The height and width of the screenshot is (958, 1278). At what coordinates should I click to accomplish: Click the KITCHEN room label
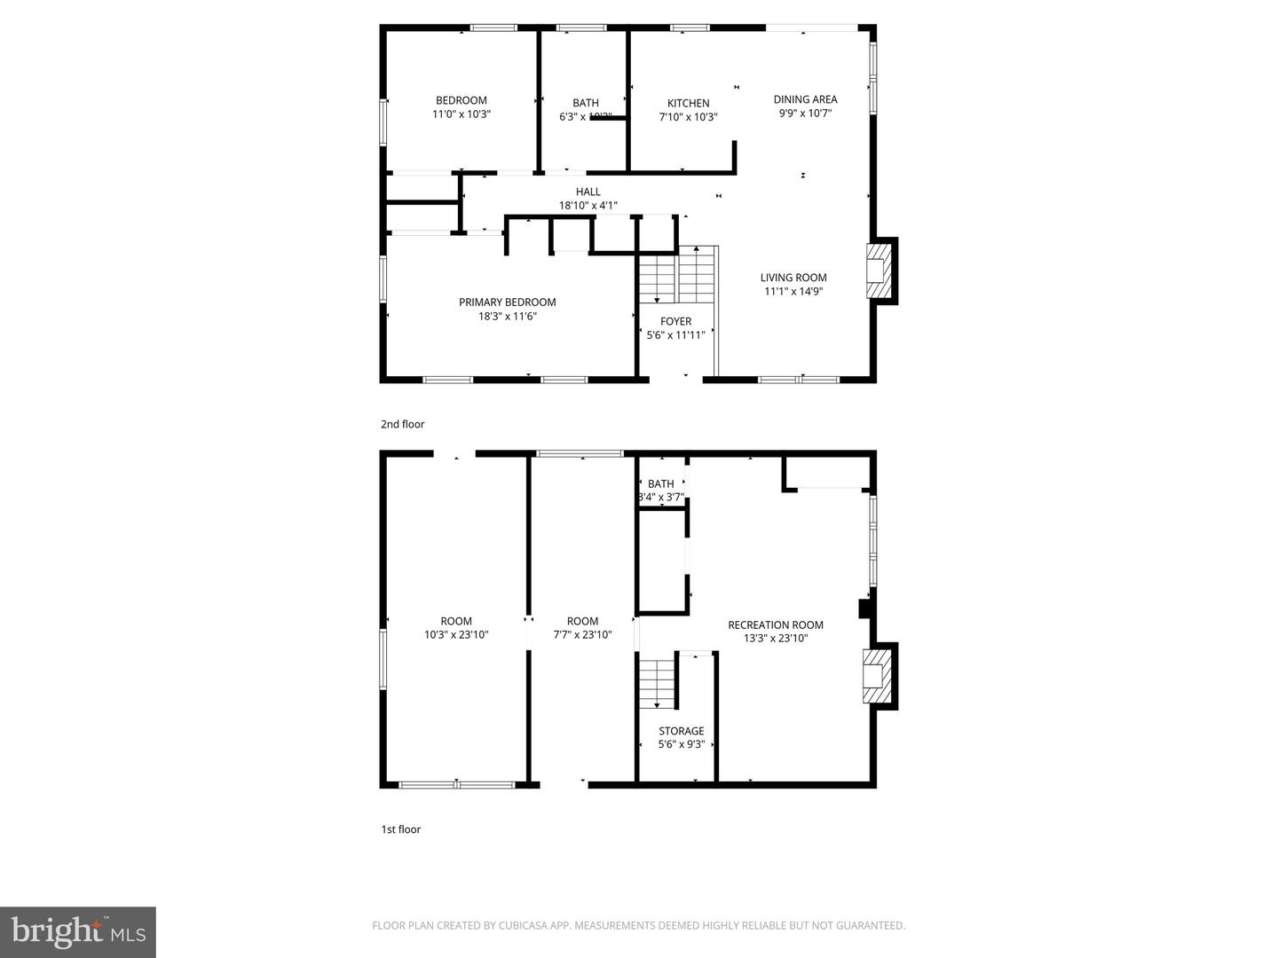coord(688,103)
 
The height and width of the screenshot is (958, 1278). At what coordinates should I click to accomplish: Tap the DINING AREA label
coord(805,99)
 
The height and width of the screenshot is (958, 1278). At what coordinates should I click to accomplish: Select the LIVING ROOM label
coord(793,278)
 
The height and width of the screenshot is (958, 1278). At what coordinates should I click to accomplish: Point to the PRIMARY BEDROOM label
coord(507,302)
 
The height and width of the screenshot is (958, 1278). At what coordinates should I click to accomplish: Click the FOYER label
coord(675,321)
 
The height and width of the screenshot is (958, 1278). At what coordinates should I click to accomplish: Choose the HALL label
coord(588,192)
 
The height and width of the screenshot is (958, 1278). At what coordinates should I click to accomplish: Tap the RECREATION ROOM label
coord(775,624)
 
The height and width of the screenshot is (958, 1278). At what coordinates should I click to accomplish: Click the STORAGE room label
coord(681,731)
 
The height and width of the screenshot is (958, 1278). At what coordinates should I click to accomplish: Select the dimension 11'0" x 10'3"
coord(461,114)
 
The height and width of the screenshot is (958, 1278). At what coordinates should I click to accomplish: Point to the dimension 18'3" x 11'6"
coord(507,316)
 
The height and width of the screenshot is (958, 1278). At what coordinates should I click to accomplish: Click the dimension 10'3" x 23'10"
coord(456,635)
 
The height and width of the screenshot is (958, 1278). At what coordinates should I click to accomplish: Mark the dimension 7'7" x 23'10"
coord(582,635)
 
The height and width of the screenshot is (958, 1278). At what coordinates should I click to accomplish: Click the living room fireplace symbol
coord(879,271)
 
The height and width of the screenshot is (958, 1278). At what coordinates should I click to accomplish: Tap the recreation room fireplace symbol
coord(877,676)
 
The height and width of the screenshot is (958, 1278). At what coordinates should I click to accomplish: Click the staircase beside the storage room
coord(657,684)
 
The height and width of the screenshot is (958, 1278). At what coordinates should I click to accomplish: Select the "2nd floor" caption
coord(402,424)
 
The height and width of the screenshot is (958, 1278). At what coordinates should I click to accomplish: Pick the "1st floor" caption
coord(400,829)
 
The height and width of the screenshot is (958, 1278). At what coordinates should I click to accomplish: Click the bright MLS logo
coord(78,931)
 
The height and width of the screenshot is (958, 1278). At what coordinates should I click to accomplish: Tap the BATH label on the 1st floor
coord(660,483)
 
